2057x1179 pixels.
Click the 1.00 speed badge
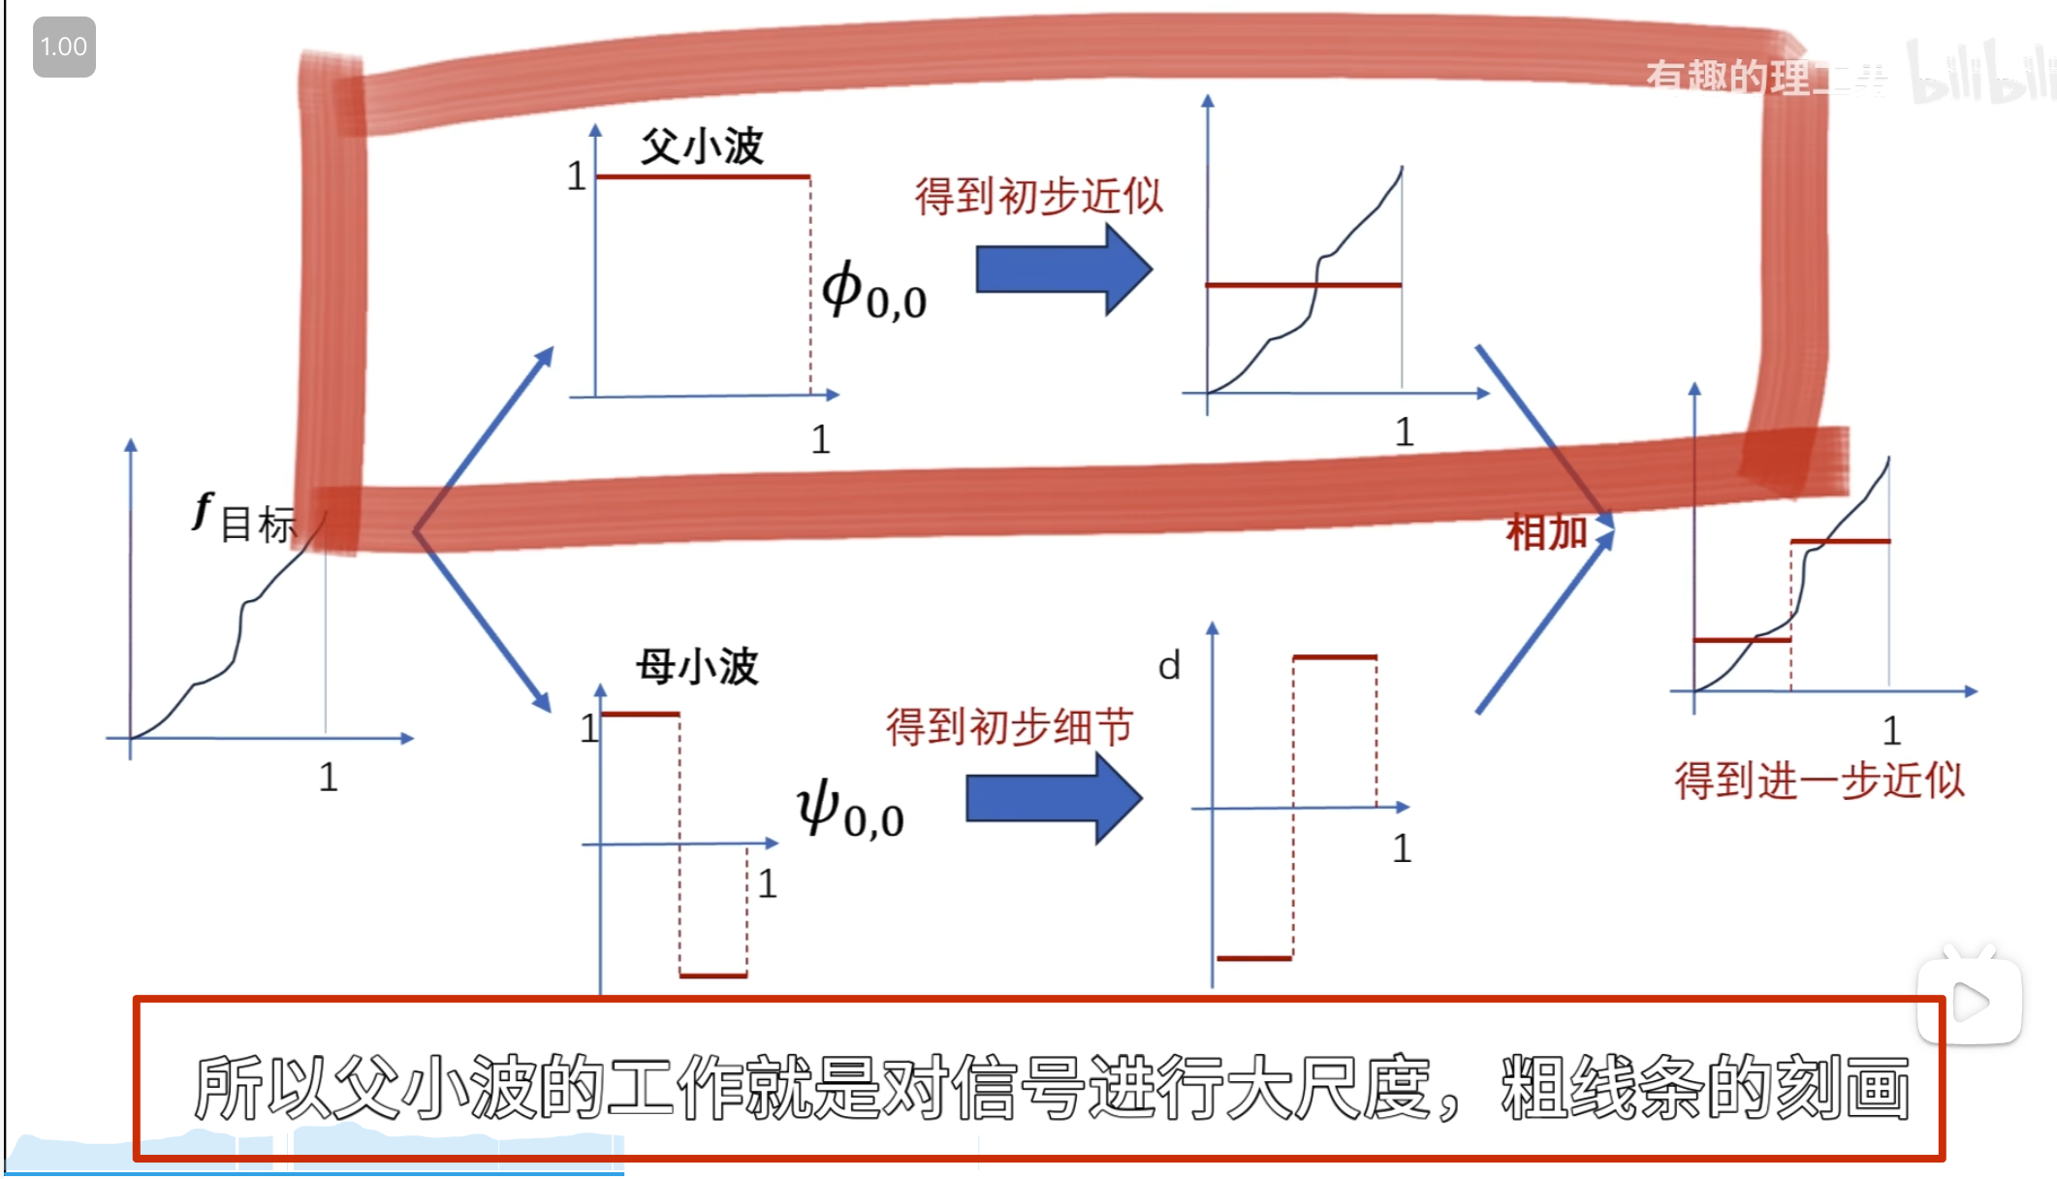64,47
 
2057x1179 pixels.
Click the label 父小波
702,147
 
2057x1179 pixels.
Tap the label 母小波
697,667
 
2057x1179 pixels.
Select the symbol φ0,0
872,291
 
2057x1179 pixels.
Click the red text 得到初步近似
1038,197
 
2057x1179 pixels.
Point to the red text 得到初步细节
1009,726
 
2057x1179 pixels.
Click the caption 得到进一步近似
1819,781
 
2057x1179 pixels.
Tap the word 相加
1546,532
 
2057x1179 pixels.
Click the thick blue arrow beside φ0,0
1063,270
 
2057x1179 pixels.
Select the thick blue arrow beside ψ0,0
1054,799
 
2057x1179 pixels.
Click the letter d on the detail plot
1169,667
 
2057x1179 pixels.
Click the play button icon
1969,1002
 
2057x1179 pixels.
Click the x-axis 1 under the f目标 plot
329,778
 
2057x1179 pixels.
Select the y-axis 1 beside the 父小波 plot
576,176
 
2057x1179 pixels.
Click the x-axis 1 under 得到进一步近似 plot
1891,731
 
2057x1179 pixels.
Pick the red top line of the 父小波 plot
703,177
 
